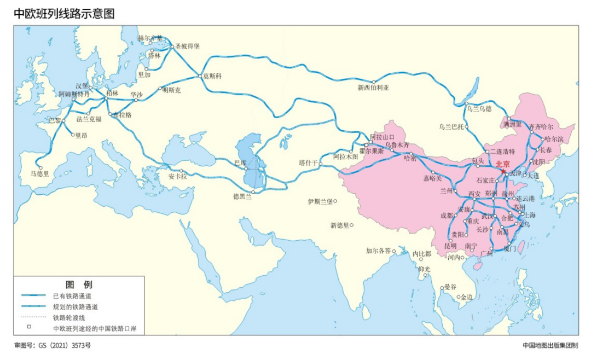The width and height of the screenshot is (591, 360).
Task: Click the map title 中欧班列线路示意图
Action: point(65,14)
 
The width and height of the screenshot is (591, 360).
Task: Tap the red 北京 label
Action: point(503,164)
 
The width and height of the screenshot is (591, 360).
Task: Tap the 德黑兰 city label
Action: point(242,197)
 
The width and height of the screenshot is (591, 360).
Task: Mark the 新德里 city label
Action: point(340,225)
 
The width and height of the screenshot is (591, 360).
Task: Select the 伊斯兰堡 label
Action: point(321,201)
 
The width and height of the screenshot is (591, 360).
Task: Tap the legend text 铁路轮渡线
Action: point(68,317)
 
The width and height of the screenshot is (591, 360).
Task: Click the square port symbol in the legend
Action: point(30,327)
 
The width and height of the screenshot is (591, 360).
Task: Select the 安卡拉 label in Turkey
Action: point(178,177)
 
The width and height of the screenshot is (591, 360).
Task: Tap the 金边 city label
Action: point(467,297)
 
